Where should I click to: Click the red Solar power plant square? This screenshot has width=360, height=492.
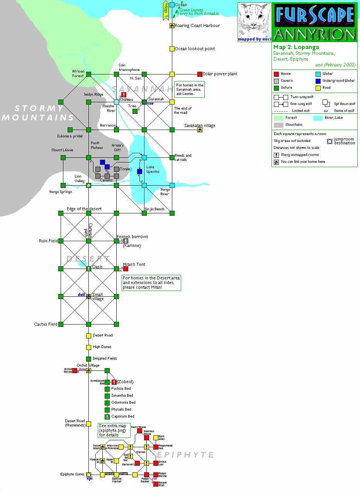coord(200,74)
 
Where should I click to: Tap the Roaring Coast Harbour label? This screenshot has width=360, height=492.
coord(197,25)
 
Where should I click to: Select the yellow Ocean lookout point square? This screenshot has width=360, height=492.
coord(172,49)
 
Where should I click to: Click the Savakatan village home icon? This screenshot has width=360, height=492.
coord(200,130)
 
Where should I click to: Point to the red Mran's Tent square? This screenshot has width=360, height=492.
coord(126,269)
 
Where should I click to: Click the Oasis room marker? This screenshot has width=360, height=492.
coord(88,269)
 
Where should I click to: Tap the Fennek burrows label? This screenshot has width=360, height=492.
coord(132,237)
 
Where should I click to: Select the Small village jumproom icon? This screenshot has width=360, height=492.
coord(88,296)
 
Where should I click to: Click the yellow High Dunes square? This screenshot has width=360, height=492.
coord(88,347)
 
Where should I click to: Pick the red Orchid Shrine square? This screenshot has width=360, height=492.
coord(75,370)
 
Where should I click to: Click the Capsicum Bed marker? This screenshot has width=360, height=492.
coord(107,417)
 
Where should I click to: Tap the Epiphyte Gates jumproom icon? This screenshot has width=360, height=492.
coord(88,475)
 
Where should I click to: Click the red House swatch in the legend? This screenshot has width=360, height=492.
coord(276,74)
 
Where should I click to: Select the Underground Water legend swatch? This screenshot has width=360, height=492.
coord(318,81)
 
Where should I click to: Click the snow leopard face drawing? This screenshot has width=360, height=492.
coord(254,21)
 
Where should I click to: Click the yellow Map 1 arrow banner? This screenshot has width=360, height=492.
coord(166,10)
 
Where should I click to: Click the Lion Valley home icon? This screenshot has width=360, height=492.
coord(88,185)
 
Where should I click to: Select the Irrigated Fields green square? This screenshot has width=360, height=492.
coord(88,359)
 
